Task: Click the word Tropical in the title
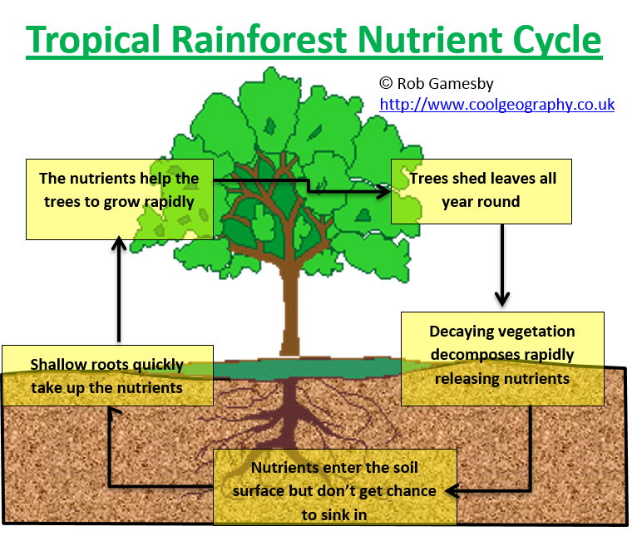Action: click(x=92, y=41)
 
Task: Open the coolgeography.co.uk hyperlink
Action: click(x=496, y=105)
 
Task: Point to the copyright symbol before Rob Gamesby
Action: click(x=386, y=83)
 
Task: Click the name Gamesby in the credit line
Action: click(x=461, y=84)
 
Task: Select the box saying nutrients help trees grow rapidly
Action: click(x=120, y=199)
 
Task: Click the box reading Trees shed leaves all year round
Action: click(x=481, y=191)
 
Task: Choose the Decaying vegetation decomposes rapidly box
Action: click(x=502, y=358)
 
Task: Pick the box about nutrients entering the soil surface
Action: click(x=335, y=487)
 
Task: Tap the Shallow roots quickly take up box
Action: click(x=107, y=376)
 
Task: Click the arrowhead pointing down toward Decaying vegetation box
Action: click(x=502, y=298)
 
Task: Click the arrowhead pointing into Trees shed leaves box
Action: click(x=384, y=191)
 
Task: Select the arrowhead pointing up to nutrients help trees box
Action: click(x=119, y=243)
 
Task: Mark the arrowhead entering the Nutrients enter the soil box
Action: click(x=452, y=491)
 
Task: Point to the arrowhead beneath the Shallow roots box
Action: click(x=114, y=411)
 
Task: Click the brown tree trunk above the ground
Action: click(x=291, y=308)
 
